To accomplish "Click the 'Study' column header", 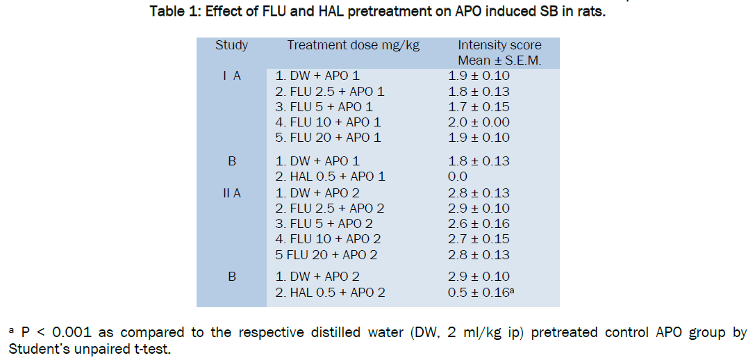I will pyautogui.click(x=231, y=46).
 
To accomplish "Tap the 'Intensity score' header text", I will pyautogui.click(x=499, y=46).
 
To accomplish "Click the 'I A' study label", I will pyautogui.click(x=231, y=76).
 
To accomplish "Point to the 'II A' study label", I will pyautogui.click(x=231, y=193).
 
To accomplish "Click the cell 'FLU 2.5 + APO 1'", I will pyautogui.click(x=329, y=92).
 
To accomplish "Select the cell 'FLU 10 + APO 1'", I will pyautogui.click(x=329, y=122).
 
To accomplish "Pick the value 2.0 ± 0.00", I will pyautogui.click(x=479, y=122).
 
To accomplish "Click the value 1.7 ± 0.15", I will pyautogui.click(x=479, y=107).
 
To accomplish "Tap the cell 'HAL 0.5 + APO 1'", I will pyautogui.click(x=329, y=177).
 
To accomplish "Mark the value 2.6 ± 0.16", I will pyautogui.click(x=479, y=224).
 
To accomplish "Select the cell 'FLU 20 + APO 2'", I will pyautogui.click(x=326, y=254).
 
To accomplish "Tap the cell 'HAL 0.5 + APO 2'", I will pyautogui.click(x=329, y=293).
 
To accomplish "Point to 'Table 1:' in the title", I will pyautogui.click(x=174, y=13).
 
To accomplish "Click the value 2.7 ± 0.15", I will pyautogui.click(x=479, y=239).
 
